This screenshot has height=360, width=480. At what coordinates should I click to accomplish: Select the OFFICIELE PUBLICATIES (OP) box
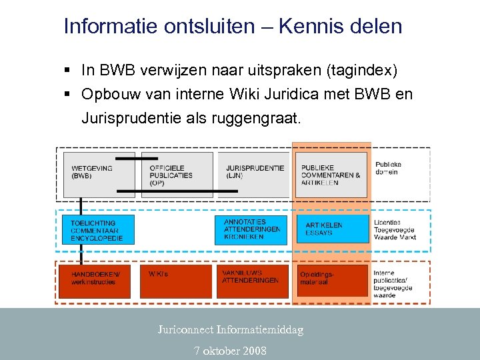(x=177, y=175)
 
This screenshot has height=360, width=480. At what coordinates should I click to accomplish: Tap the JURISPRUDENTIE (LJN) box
(x=253, y=175)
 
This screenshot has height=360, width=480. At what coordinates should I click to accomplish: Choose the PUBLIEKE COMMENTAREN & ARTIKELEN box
(x=331, y=175)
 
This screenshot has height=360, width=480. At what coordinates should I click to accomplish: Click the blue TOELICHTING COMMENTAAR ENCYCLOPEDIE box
(x=98, y=229)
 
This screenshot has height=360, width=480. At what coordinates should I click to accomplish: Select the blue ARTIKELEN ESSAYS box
(x=332, y=229)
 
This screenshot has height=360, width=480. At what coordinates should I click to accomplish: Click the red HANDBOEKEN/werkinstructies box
(x=98, y=281)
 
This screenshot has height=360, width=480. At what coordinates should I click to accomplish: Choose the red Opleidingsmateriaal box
(x=332, y=281)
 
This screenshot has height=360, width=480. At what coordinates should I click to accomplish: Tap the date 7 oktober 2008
(x=230, y=351)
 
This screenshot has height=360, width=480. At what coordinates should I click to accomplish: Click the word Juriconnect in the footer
(x=185, y=329)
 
